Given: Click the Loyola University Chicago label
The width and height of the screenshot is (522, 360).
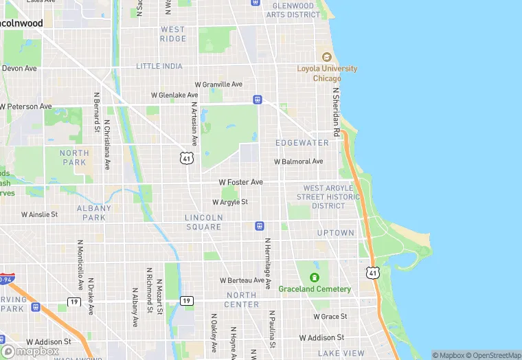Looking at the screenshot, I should pos(327,74).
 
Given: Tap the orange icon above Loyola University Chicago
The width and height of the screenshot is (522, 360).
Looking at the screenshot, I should pos(327,57).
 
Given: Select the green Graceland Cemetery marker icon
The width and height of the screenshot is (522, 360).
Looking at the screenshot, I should pos(315,278).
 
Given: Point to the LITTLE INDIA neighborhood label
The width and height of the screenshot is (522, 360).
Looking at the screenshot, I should pos(159,66).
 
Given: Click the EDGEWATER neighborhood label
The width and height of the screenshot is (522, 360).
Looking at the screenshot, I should pos(302,143).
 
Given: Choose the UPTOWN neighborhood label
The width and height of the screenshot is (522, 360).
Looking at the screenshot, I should pos(336,233).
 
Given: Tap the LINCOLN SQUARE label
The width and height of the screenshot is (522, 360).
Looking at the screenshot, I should pos(203,222).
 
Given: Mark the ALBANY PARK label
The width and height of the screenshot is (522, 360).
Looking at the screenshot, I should pos(94,212).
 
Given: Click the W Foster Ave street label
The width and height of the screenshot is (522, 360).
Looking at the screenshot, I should pos(240,182).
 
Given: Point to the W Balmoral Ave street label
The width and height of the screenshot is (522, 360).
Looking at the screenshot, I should pos(298,161).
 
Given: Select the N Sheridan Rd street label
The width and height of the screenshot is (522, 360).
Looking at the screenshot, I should pos(336,112).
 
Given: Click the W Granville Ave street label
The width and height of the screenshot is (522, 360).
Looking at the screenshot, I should pos(218,84).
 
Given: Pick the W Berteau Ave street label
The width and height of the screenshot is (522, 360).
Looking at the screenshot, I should pos(242,280).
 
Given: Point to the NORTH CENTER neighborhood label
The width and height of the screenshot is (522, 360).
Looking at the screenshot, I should pos(242,300).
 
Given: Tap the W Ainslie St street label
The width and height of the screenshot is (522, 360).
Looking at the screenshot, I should pos(39,214).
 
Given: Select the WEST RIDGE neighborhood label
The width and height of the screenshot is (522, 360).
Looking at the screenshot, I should pos(172,34).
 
